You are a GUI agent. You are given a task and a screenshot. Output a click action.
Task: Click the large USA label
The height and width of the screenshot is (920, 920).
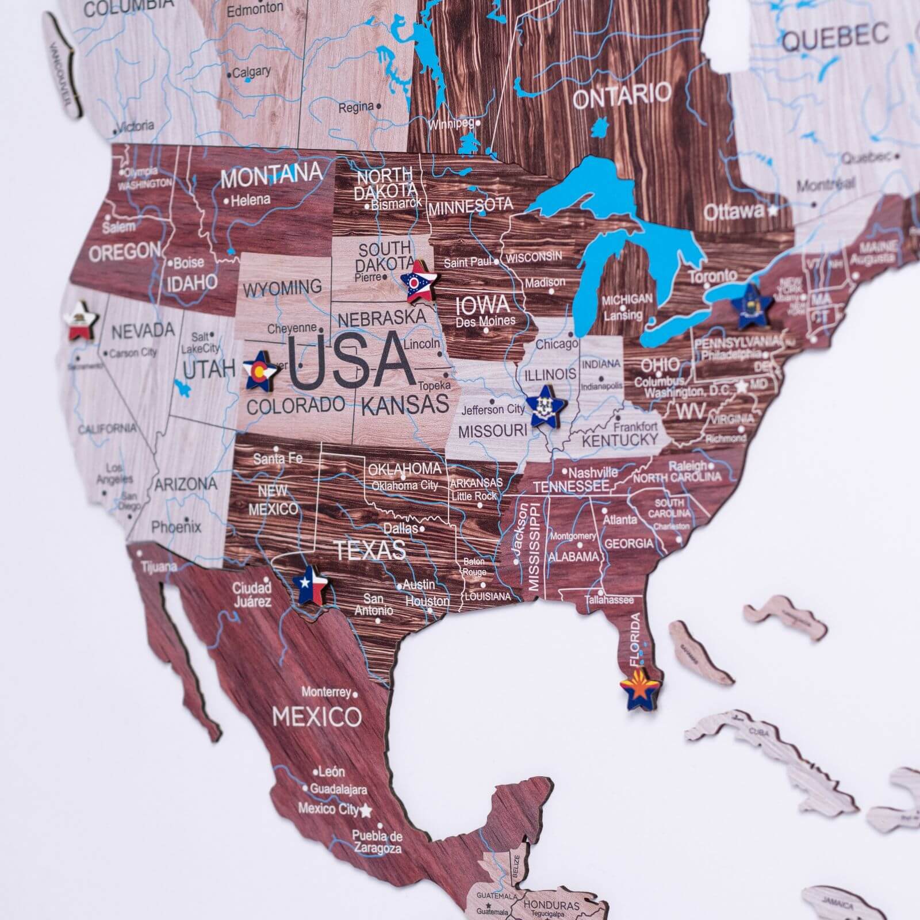(x=351, y=361)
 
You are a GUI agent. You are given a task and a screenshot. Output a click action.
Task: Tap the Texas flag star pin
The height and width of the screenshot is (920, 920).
(x=310, y=584)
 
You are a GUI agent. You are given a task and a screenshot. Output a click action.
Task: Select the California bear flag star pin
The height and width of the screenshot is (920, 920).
(x=81, y=321)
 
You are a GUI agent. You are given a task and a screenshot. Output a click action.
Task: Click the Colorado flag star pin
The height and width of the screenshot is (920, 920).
(x=259, y=369)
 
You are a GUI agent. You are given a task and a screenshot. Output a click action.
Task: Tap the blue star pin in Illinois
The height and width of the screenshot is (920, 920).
(x=543, y=406)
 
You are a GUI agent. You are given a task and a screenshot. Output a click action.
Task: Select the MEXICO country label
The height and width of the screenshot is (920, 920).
(x=317, y=716)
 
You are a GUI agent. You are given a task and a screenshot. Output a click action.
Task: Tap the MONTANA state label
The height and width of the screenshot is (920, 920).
(x=271, y=176)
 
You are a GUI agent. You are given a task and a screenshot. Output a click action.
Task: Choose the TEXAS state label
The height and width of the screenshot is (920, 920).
(x=370, y=550)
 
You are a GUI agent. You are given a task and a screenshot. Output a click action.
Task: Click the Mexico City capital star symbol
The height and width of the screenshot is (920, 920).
(x=366, y=811)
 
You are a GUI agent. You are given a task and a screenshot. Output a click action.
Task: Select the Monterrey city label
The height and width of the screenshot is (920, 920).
(x=326, y=692)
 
